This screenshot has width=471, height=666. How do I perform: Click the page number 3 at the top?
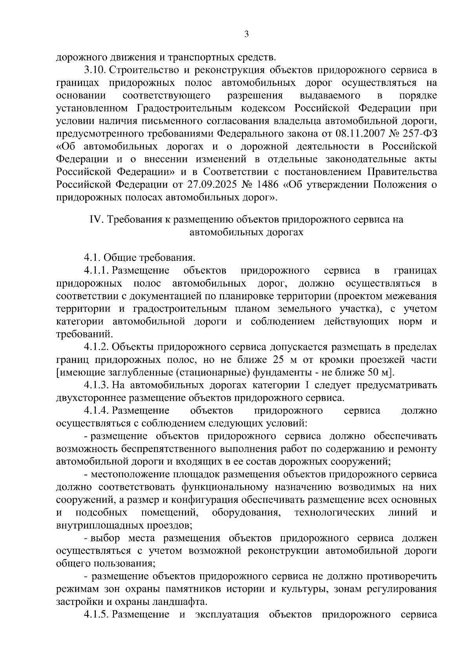click(x=246, y=35)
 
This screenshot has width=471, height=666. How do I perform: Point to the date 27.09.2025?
click(x=201, y=185)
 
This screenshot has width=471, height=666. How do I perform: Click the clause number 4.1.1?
click(x=97, y=270)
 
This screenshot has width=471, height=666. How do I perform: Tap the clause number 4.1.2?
click(x=97, y=347)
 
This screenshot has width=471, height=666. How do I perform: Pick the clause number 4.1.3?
click(x=97, y=386)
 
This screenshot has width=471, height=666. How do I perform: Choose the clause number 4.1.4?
click(x=97, y=411)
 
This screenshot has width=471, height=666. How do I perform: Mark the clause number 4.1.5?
click(x=97, y=614)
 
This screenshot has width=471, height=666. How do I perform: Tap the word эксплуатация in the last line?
click(x=227, y=614)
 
